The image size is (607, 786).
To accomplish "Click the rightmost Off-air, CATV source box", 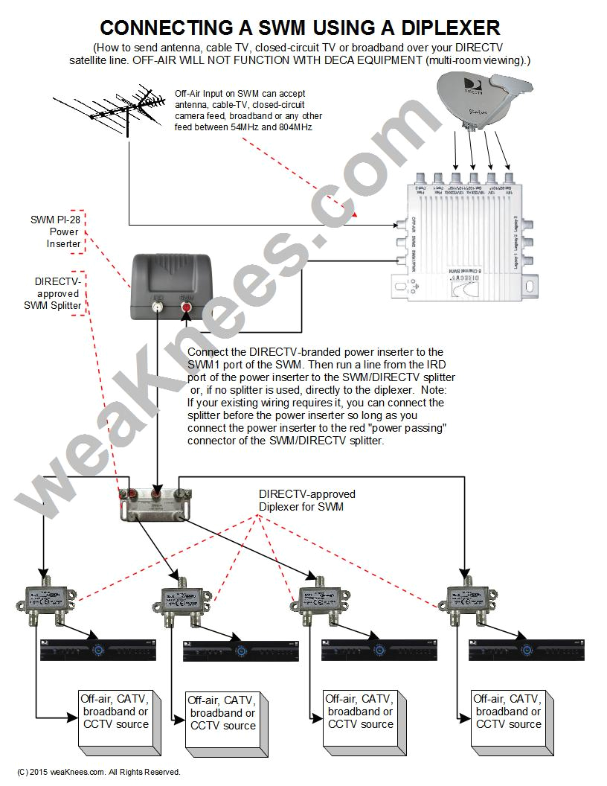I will pyautogui.click(x=510, y=719).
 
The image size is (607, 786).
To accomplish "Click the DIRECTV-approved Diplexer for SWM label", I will pyautogui.click(x=306, y=500).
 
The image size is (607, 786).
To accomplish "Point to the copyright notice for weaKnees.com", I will pyautogui.click(x=98, y=772).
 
